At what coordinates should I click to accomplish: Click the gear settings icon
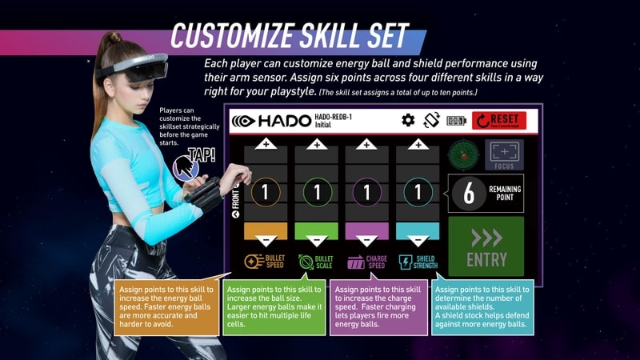408,121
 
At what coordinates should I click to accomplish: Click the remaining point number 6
469,194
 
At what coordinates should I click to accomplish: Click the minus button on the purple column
366,239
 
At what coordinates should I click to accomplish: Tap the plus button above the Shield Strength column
417,144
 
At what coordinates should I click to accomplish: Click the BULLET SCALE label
317,262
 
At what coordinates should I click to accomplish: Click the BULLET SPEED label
267,262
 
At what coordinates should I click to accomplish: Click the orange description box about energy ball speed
166,306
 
